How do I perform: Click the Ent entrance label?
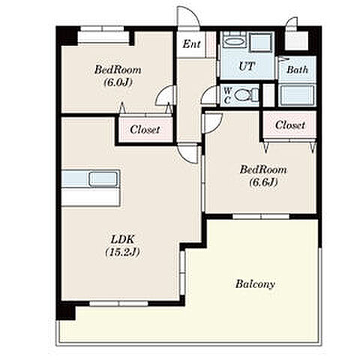[x=191, y=44]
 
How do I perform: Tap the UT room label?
[x=247, y=66]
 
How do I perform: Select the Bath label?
[x=297, y=70]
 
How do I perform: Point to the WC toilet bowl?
[x=244, y=95]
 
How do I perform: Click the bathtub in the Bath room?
[x=297, y=94]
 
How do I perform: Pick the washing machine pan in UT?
[x=261, y=43]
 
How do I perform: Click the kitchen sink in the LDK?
[x=104, y=179]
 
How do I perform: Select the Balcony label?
[x=255, y=284]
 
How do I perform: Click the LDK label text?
[x=122, y=240]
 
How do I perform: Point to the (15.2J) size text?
[x=122, y=252]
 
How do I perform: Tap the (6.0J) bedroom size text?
[x=118, y=82]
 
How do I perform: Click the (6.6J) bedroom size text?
[x=263, y=182]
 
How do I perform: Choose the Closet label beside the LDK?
[x=145, y=130]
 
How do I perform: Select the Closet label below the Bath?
[x=290, y=124]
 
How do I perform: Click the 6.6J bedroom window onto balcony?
[x=261, y=216]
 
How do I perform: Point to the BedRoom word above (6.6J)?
[x=263, y=169]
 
